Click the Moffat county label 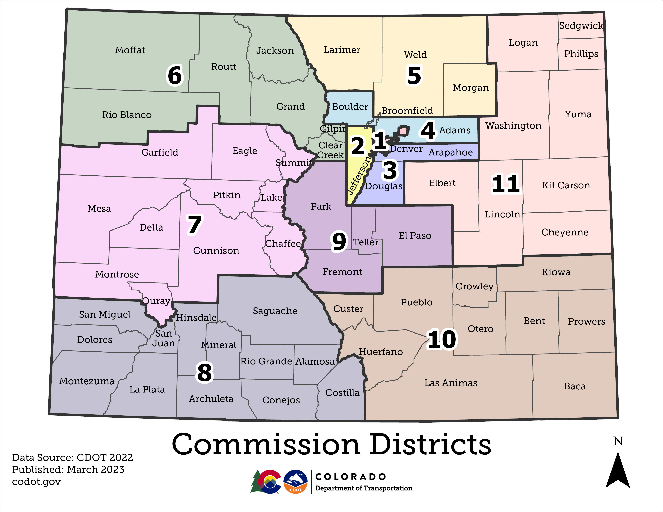[x=130, y=50]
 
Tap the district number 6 [x=175, y=75]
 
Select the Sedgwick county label [x=581, y=26]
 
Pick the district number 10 [x=442, y=339]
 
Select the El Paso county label [x=415, y=236]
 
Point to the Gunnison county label [x=216, y=251]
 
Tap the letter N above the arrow [x=618, y=441]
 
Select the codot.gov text [x=36, y=482]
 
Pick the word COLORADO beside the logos [x=351, y=477]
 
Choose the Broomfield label [x=407, y=111]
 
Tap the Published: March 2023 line [x=68, y=470]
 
